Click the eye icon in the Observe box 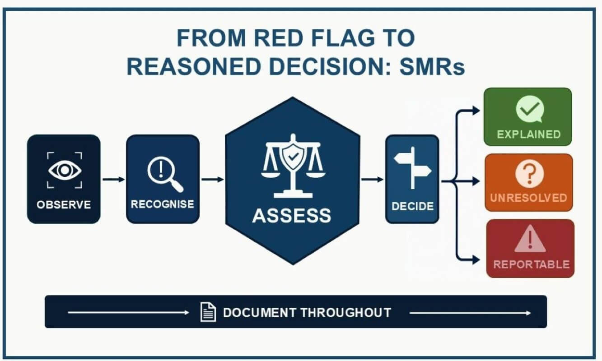(65, 170)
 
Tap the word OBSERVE (64, 205)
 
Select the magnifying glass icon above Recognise (165, 174)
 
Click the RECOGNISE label (162, 204)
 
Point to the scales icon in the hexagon (293, 166)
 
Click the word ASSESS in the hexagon (292, 215)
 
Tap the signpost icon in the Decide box (413, 167)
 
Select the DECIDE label (412, 206)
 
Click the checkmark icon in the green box (530, 109)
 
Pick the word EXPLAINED (529, 134)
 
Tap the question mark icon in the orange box (530, 174)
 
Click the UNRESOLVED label (529, 198)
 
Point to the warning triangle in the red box (530, 239)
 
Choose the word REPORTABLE (531, 264)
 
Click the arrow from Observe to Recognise (113, 179)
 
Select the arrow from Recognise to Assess (212, 179)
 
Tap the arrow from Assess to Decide (372, 179)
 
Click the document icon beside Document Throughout (208, 312)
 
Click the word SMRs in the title (432, 67)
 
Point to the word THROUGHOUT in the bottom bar (345, 313)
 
